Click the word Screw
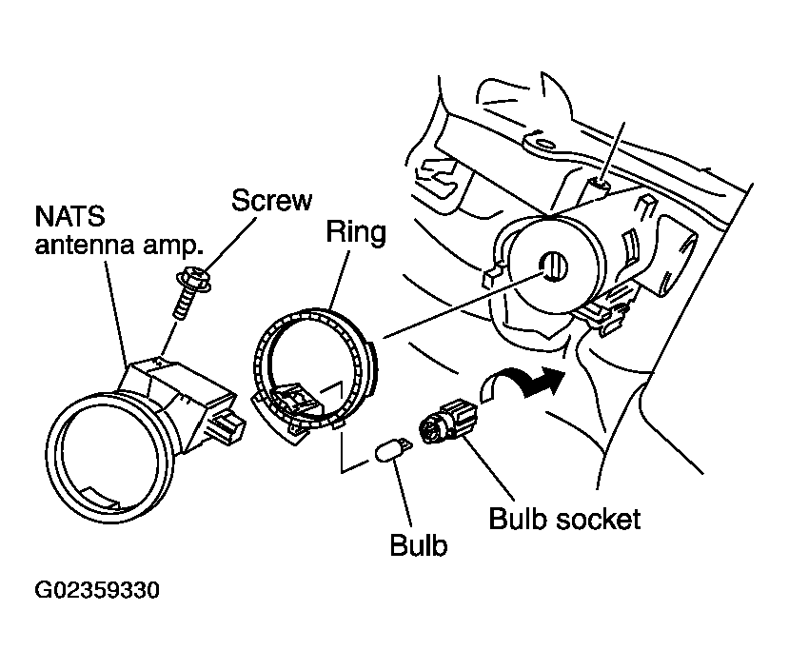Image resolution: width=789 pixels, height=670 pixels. coord(271,200)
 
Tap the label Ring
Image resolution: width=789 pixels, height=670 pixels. coord(356,232)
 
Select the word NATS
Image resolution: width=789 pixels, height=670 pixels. coord(69,216)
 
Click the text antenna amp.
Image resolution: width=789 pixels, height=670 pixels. coord(119,245)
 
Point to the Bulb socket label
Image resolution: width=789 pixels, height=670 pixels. coord(564,519)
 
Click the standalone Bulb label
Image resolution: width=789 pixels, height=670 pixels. coord(419,544)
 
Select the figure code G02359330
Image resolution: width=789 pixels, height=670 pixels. coord(97,590)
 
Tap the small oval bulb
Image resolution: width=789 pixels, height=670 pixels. coord(393,449)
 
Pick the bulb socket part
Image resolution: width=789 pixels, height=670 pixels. coord(448,421)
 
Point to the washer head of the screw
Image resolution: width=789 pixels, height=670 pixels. coord(194,279)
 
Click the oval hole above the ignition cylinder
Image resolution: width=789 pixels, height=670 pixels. coord(543,145)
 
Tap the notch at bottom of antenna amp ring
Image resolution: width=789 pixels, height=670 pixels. coord(102,497)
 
